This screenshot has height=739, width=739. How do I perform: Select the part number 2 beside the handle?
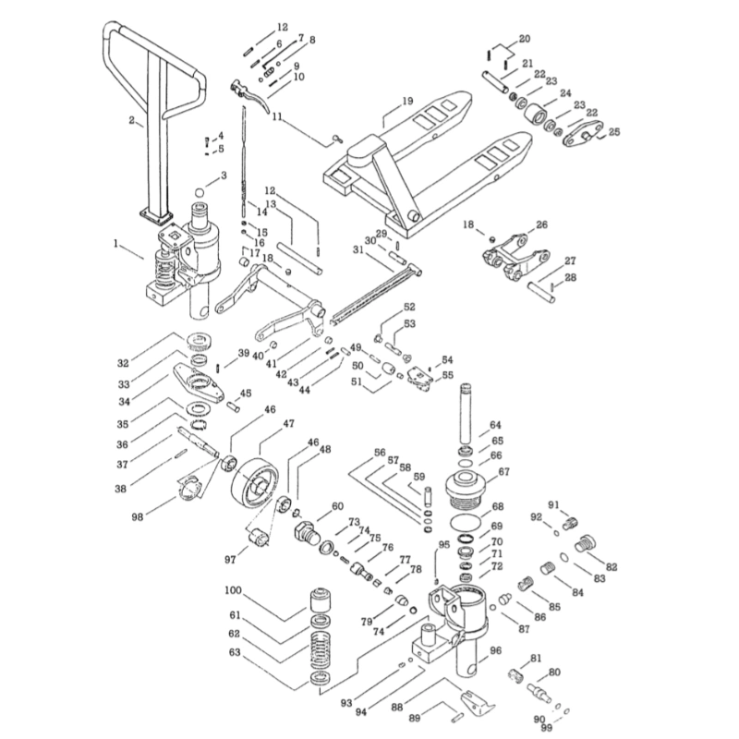pos(131,120)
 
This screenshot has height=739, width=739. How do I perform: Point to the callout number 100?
pos(232,590)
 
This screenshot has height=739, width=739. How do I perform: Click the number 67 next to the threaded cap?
pos(503,472)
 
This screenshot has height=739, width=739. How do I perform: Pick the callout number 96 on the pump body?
pos(495,650)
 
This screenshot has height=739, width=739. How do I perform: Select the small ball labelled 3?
pos(223,175)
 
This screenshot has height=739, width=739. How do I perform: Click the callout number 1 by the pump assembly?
pos(116,246)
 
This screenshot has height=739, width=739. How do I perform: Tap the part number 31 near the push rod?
pos(357,249)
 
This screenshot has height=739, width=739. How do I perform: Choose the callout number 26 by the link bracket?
pos(541,224)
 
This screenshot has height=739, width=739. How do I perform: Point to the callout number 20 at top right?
pos(525,39)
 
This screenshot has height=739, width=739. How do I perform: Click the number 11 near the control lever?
pos(277,118)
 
